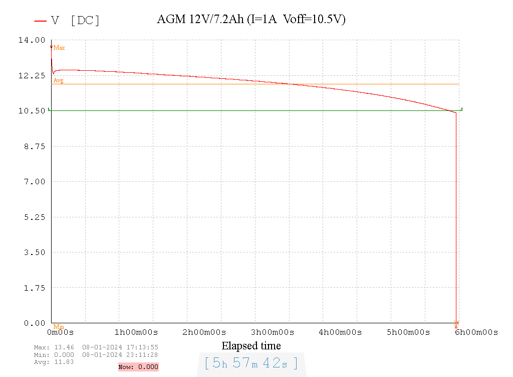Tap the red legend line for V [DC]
(41, 21)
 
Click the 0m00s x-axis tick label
(61, 332)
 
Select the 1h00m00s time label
(136, 332)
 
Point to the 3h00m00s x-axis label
(272, 332)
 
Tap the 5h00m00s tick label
(408, 332)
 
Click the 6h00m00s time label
(476, 332)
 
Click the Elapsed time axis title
(251, 346)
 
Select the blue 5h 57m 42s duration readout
(251, 362)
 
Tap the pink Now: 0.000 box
(138, 367)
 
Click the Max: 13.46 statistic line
(96, 347)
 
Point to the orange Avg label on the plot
(59, 80)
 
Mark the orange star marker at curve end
(456, 323)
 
